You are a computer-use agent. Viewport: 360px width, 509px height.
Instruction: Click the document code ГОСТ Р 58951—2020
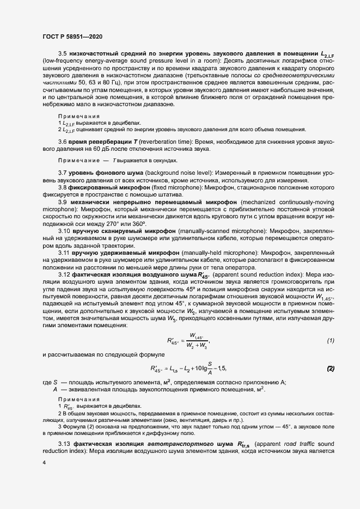point(72,36)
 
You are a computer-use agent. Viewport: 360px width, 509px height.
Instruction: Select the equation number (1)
point(330,340)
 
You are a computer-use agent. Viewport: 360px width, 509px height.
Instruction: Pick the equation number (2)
point(330,369)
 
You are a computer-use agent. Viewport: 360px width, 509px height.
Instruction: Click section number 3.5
point(62,54)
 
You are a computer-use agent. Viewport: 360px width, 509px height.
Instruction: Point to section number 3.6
point(62,142)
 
